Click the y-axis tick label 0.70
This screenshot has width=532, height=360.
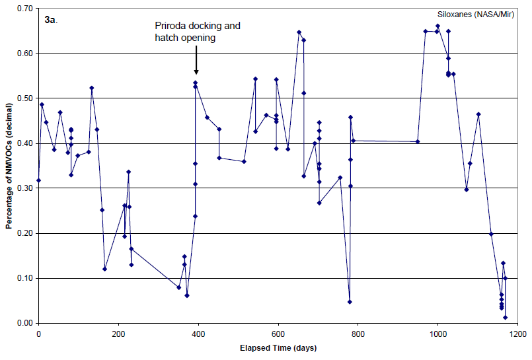point(25,8)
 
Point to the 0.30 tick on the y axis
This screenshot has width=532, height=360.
point(25,188)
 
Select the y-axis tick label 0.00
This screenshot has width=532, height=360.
point(25,323)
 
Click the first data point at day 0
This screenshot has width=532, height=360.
point(38,180)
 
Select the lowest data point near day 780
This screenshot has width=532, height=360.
point(350,302)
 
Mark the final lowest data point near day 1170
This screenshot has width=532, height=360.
point(505,318)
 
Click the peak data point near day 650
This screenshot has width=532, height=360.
point(299,32)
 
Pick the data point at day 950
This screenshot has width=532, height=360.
point(418,141)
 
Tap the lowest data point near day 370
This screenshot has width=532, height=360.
point(187,295)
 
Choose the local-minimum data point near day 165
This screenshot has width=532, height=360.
point(104,269)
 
